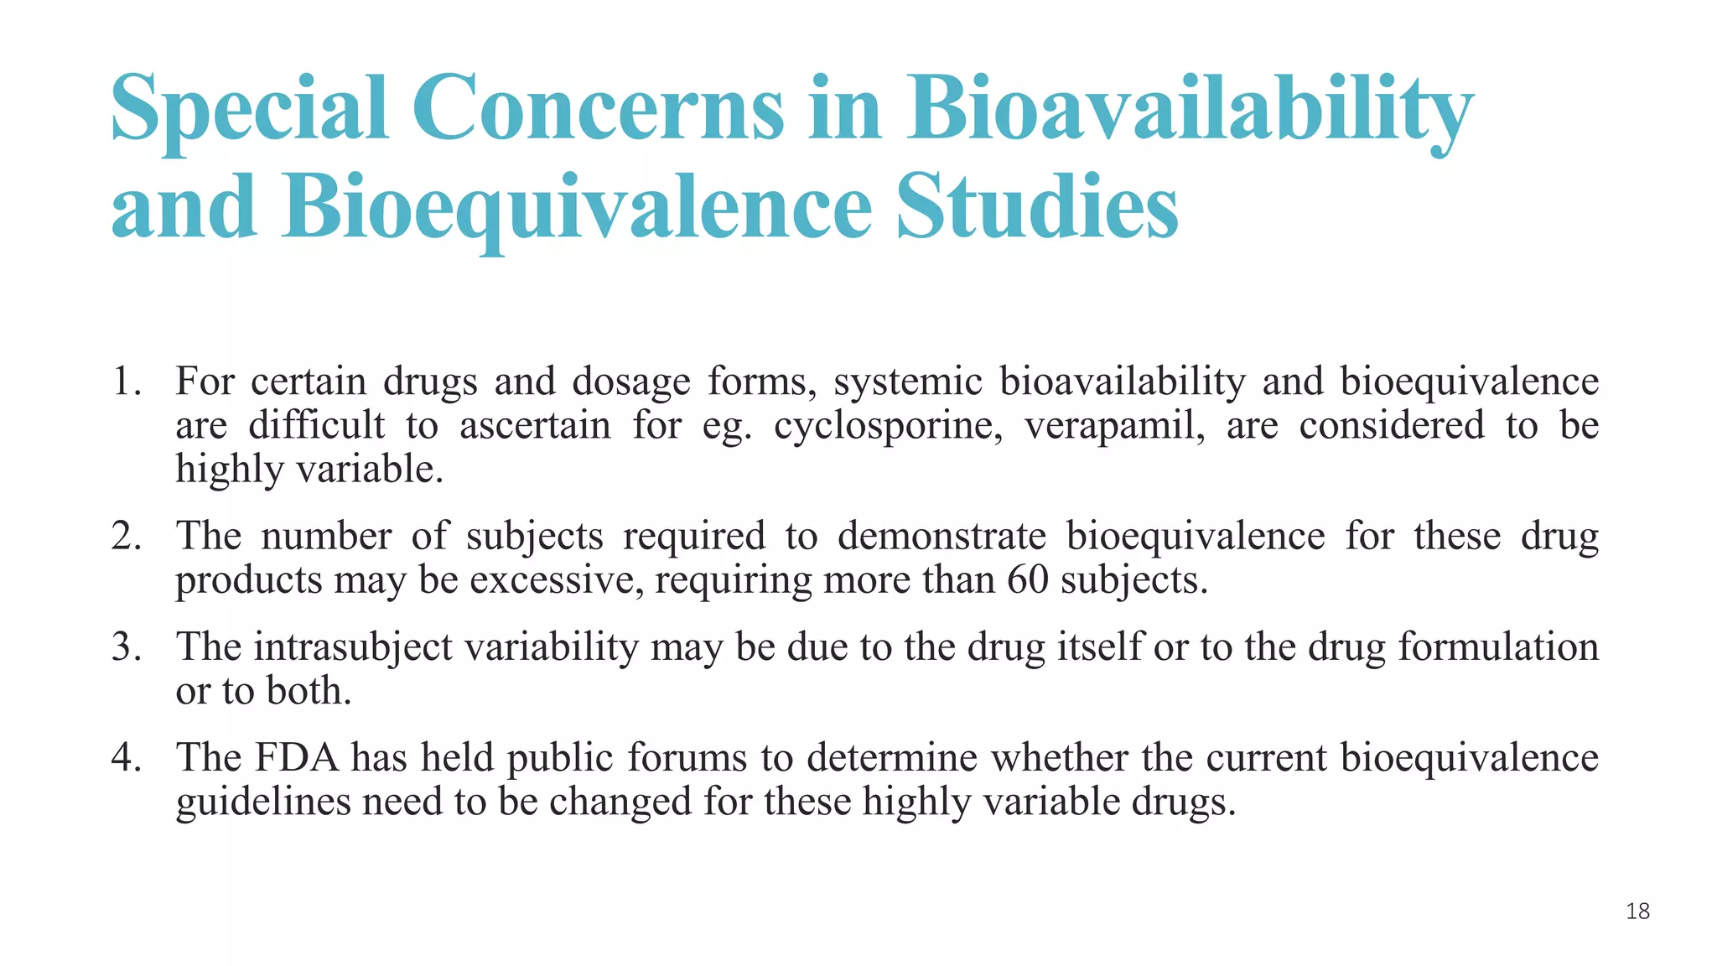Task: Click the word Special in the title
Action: pos(249,109)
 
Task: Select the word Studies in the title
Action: pos(1037,206)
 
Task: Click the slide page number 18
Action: pos(1637,911)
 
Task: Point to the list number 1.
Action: pos(126,382)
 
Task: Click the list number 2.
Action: pos(126,536)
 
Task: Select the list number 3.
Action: pos(126,647)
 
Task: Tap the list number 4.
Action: pos(126,758)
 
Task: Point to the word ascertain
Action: pos(535,425)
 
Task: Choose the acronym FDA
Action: pos(297,758)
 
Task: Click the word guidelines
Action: pos(262,802)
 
